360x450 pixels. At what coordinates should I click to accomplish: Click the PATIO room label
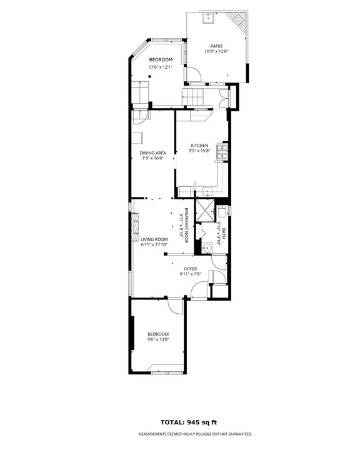click(216, 46)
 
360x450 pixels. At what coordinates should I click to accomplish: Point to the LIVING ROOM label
click(154, 239)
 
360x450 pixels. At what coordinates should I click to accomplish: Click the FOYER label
click(190, 269)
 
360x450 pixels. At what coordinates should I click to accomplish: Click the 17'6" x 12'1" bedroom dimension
click(160, 67)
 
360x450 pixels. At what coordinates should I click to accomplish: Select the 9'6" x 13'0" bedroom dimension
click(158, 339)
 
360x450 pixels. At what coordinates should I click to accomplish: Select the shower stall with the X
click(204, 210)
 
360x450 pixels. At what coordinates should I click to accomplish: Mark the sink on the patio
click(208, 18)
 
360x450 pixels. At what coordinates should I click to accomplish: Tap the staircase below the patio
click(194, 97)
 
